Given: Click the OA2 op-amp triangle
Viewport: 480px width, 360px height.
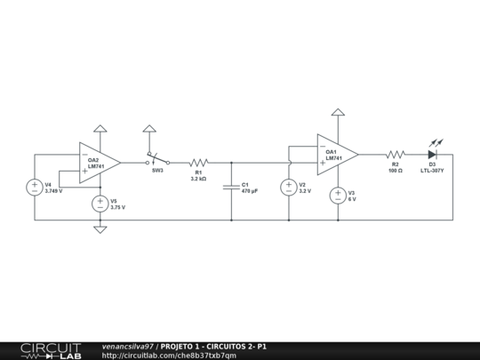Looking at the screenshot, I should point(98,163).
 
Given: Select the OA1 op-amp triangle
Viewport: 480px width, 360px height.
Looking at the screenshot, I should point(336,154).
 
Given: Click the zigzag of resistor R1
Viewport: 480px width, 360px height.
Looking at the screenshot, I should point(197,163).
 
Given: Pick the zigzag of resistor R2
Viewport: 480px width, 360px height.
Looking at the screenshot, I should point(396,154).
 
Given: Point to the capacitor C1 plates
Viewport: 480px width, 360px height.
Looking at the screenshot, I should point(231,188).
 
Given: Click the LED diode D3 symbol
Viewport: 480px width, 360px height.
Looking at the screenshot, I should point(432,154).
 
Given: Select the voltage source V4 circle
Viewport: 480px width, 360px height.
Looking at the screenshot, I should point(36,188).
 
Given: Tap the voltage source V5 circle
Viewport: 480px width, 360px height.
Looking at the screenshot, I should point(100,204).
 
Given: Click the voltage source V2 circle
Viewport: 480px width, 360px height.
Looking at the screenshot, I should point(289,188).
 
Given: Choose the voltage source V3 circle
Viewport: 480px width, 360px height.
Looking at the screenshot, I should point(338,196).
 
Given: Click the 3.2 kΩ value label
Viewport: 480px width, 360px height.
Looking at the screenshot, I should point(198,179).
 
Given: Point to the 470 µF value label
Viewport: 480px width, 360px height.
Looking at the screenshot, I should point(250,191).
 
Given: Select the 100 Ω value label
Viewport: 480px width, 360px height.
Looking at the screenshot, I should point(396,170).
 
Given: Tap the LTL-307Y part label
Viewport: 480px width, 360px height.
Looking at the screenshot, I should point(432,170).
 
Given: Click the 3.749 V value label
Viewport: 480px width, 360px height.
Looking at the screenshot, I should point(53,191).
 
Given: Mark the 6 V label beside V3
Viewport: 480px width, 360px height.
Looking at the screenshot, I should point(352,199).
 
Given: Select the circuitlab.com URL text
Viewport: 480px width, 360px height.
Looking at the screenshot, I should point(169,355).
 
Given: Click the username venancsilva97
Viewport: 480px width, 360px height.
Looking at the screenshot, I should point(127,346).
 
